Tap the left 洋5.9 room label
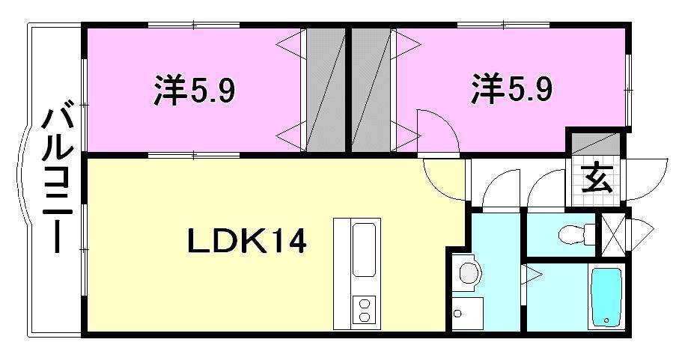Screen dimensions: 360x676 195,91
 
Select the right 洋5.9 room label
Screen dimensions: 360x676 512,90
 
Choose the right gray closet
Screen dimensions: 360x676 371,90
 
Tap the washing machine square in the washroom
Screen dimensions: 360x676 467,313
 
